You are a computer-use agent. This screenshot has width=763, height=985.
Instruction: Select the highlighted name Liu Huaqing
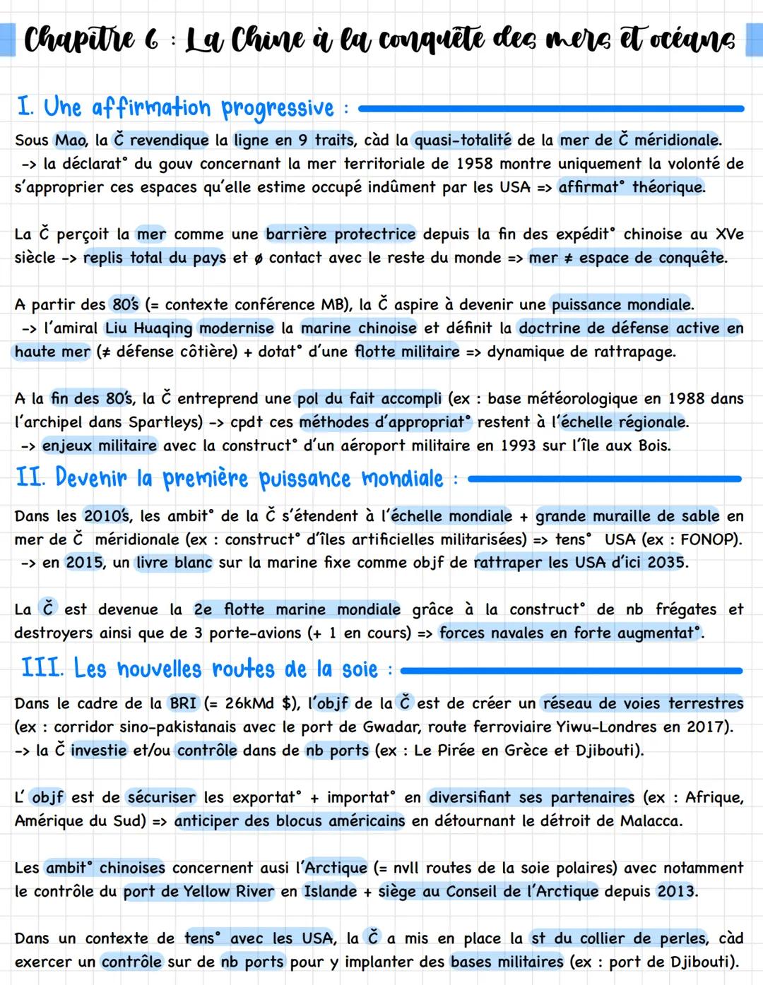click(x=148, y=328)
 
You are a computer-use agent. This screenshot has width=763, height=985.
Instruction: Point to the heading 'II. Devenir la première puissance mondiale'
click(x=230, y=479)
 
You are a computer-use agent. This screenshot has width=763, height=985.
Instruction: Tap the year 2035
click(x=665, y=563)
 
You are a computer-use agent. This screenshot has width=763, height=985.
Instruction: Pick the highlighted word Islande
click(x=330, y=892)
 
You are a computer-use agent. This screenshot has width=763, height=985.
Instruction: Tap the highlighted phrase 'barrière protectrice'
click(x=341, y=234)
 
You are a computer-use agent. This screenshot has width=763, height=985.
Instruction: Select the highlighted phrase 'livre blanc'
click(x=174, y=563)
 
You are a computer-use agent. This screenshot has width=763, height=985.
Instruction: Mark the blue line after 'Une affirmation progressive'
click(x=551, y=109)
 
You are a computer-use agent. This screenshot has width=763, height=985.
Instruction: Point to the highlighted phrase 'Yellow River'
click(x=228, y=892)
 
